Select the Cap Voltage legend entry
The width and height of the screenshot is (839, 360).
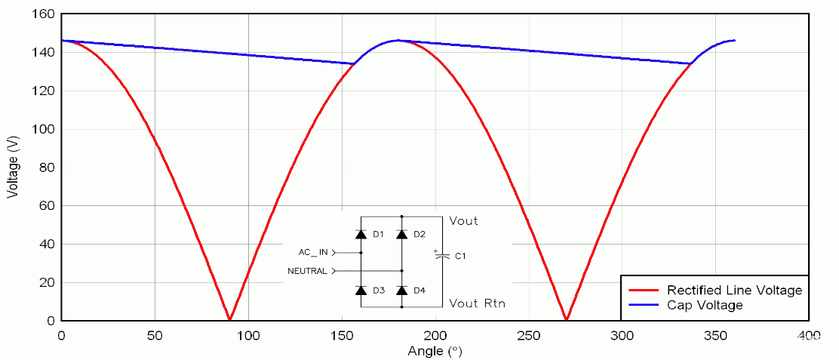(x=705, y=305)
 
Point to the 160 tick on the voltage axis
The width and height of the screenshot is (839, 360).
(x=43, y=14)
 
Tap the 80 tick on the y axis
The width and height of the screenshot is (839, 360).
(x=46, y=168)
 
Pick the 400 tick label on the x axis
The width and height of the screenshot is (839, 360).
(x=808, y=336)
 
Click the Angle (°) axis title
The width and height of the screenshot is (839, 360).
(x=435, y=351)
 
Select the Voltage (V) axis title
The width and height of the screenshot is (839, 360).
(x=12, y=168)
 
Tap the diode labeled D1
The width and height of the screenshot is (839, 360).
(x=361, y=235)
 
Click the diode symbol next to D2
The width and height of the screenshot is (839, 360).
(x=401, y=235)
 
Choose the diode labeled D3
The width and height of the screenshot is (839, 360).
(x=361, y=291)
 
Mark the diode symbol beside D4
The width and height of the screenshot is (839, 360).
(x=401, y=291)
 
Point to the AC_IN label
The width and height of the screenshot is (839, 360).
(x=312, y=252)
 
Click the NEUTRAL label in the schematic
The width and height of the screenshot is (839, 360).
(x=308, y=271)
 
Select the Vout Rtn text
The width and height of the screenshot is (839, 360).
(x=477, y=303)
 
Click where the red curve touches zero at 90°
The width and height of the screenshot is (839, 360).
(x=229, y=319)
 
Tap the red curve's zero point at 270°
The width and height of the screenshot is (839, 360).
(x=566, y=319)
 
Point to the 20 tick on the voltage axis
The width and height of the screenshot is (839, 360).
(x=46, y=282)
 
